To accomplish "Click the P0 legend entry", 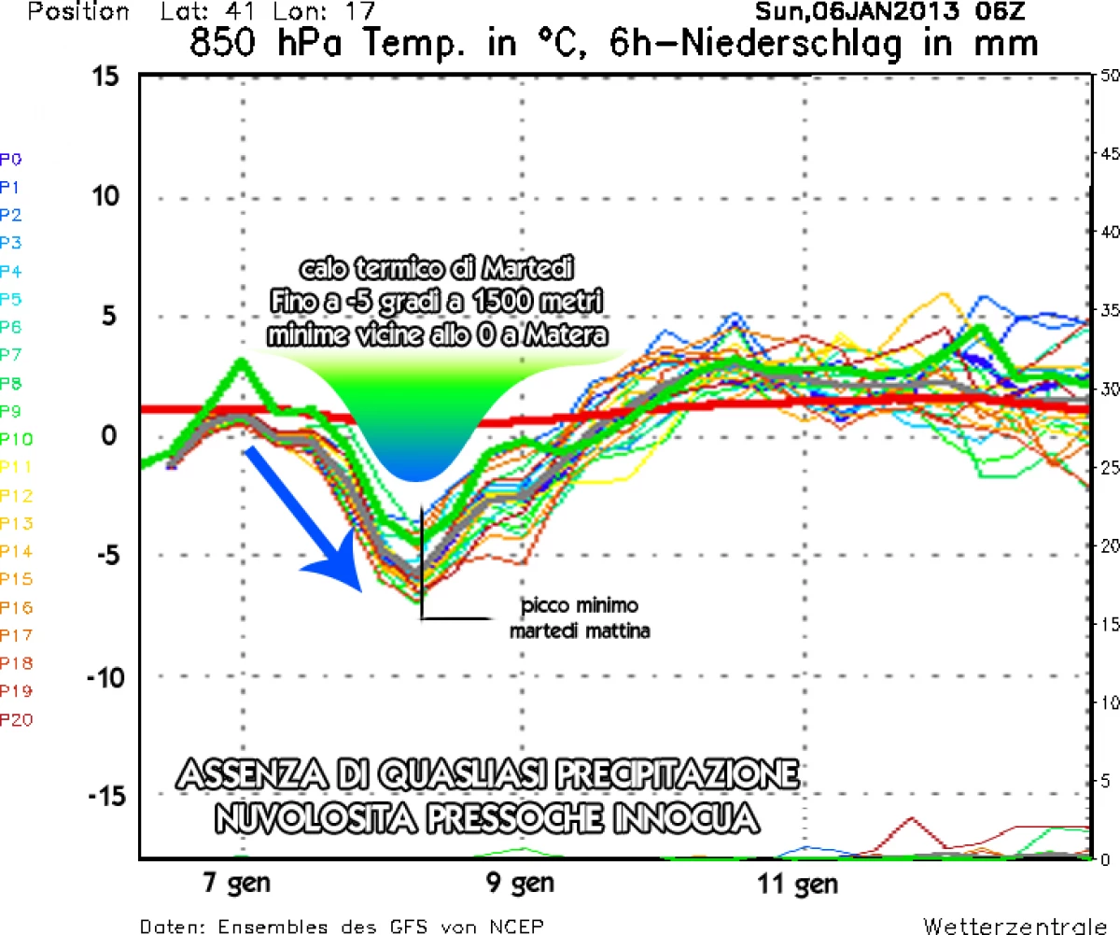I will (x=12, y=159).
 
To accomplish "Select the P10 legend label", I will (x=16, y=439).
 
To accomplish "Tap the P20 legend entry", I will (x=16, y=719).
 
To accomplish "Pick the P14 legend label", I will (x=16, y=551).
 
